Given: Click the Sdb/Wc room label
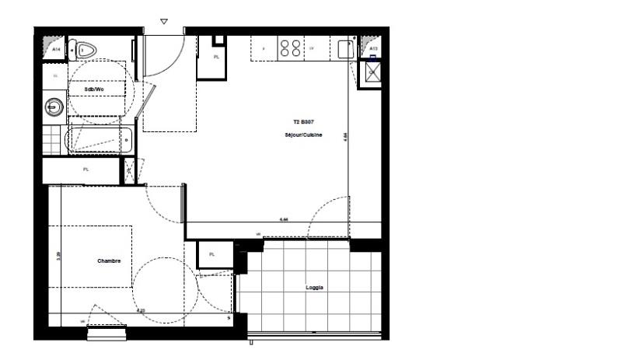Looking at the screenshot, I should click(x=94, y=89).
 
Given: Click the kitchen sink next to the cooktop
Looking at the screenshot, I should click(x=344, y=48).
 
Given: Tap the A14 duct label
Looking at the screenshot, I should click(x=56, y=50).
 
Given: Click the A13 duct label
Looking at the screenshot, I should click(x=373, y=50).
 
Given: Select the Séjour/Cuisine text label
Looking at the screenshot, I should click(x=303, y=135).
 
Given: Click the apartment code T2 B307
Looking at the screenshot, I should click(x=303, y=122).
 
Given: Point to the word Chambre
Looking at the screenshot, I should click(x=109, y=260).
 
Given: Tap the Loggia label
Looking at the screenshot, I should click(x=315, y=288).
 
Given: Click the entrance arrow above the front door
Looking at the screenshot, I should click(x=163, y=22).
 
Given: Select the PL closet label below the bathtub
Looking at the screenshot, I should click(x=86, y=170).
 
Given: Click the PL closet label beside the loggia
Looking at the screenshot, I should click(x=211, y=254).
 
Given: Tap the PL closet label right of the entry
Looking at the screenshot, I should click(x=216, y=58).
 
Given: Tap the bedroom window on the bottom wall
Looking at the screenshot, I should click(x=107, y=334).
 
